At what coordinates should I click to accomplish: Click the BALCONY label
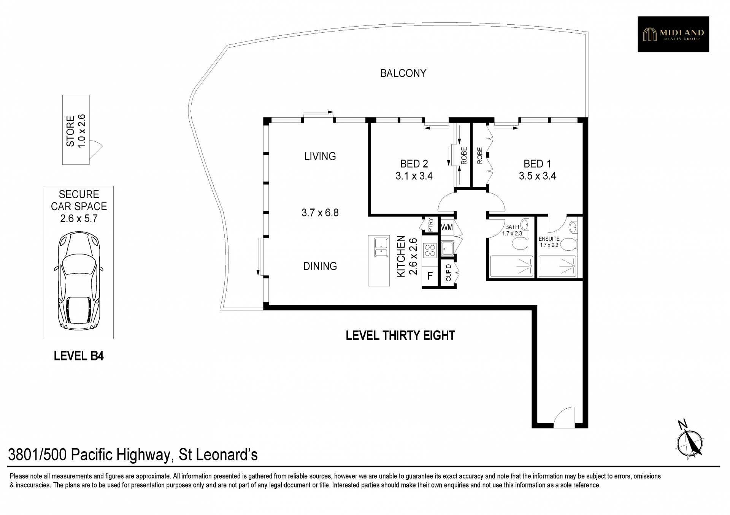[x=403, y=73]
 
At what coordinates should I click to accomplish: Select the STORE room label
[x=70, y=131]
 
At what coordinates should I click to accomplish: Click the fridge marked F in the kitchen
[x=430, y=275]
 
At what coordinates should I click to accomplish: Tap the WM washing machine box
[x=447, y=227]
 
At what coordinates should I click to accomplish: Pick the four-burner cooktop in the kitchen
[x=430, y=250]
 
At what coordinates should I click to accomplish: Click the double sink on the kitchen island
[x=381, y=247]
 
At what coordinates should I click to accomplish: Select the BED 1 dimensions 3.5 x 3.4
[x=537, y=176]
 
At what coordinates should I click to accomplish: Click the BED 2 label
[x=414, y=164]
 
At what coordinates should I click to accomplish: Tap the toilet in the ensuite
[x=568, y=244]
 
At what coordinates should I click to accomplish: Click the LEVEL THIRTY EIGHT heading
[x=400, y=336]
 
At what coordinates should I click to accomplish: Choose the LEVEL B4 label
[x=79, y=356]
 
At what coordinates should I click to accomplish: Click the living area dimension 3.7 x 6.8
[x=320, y=213]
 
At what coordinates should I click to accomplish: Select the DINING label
[x=320, y=266]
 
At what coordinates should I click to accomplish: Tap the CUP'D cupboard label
[x=448, y=273]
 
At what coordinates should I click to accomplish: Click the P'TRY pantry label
[x=430, y=224]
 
